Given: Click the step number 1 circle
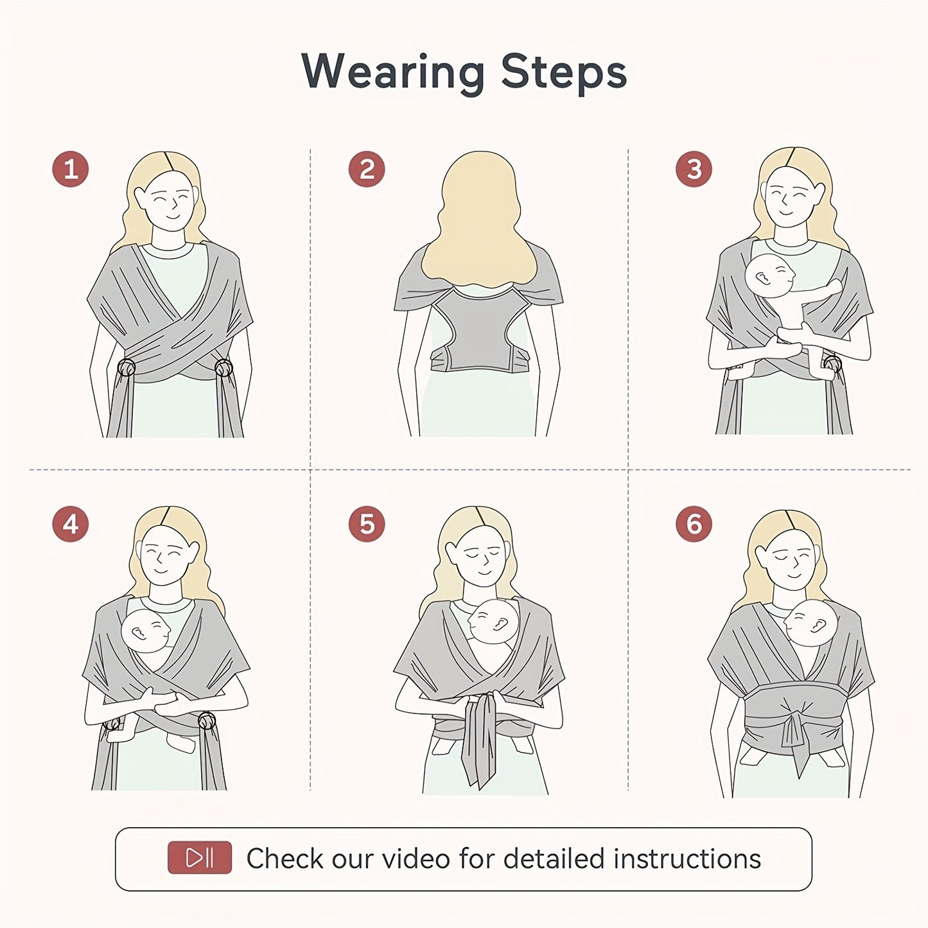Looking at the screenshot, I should point(70,169).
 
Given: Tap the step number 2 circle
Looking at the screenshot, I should point(366,170).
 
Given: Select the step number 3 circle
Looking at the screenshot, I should point(694,169).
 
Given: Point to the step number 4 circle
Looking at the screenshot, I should point(70,524).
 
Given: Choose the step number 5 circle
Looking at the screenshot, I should point(366,524).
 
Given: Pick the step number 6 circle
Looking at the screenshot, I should point(694,524).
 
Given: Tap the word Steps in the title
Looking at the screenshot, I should point(563,72).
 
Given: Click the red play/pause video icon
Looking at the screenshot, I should point(199,858).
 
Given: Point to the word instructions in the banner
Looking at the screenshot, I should point(687,859).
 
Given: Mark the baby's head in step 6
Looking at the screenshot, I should point(811,622).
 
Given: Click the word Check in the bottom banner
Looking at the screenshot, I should point(285,859).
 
